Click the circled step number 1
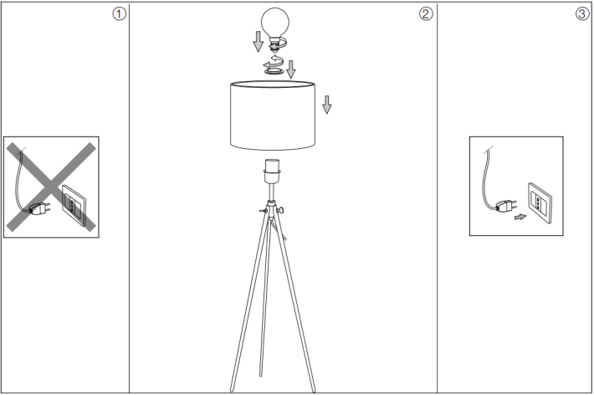click(119, 14)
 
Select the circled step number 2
click(426, 14)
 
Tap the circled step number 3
click(582, 14)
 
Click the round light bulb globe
click(275, 23)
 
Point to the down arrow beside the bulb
click(258, 41)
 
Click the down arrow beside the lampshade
click(327, 105)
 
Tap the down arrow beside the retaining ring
click(291, 69)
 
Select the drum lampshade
click(273, 115)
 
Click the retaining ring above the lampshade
click(274, 71)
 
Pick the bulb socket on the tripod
click(273, 171)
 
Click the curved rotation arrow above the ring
click(274, 62)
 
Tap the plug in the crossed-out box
click(39, 208)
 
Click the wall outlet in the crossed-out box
click(74, 206)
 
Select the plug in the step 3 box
click(505, 206)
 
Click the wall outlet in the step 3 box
click(540, 203)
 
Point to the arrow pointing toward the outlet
click(520, 218)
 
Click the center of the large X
click(51, 187)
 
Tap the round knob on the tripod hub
click(281, 210)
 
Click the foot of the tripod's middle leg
click(261, 375)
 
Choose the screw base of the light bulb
click(275, 44)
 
